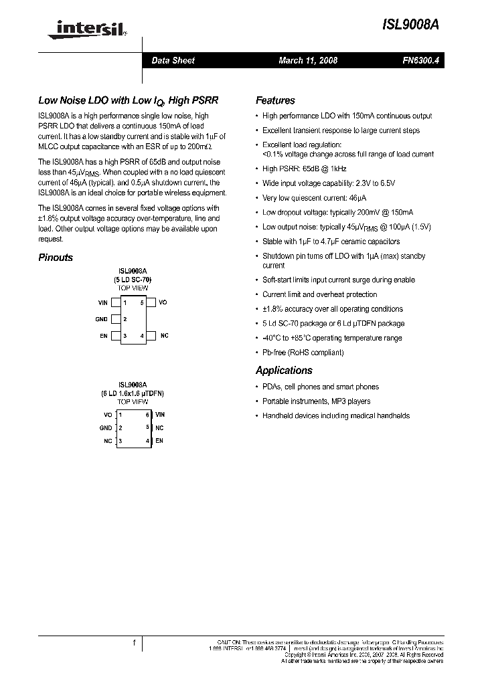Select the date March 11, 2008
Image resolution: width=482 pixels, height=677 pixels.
[x=308, y=61]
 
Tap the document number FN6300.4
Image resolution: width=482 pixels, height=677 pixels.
[x=418, y=61]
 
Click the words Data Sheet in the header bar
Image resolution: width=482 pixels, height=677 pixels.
[x=173, y=61]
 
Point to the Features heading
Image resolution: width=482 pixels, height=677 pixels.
[x=275, y=100]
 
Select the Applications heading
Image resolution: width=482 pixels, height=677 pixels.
[x=284, y=371]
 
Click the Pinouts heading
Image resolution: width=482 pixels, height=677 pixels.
[x=56, y=258]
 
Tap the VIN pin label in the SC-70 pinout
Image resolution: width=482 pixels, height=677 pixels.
[x=102, y=303]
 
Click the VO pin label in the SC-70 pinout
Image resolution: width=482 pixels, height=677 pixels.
[x=163, y=303]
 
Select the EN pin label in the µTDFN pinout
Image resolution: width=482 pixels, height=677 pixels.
[x=159, y=441]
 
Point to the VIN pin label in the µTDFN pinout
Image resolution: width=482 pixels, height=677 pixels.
[x=160, y=415]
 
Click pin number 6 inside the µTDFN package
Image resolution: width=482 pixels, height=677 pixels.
[x=147, y=415]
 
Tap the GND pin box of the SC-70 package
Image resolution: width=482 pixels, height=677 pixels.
[x=116, y=319]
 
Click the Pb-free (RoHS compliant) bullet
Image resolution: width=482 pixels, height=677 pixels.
[x=303, y=353]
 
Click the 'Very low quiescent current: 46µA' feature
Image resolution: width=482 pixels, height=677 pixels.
[x=315, y=198]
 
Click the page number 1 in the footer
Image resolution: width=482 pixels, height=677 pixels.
[x=134, y=644]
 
